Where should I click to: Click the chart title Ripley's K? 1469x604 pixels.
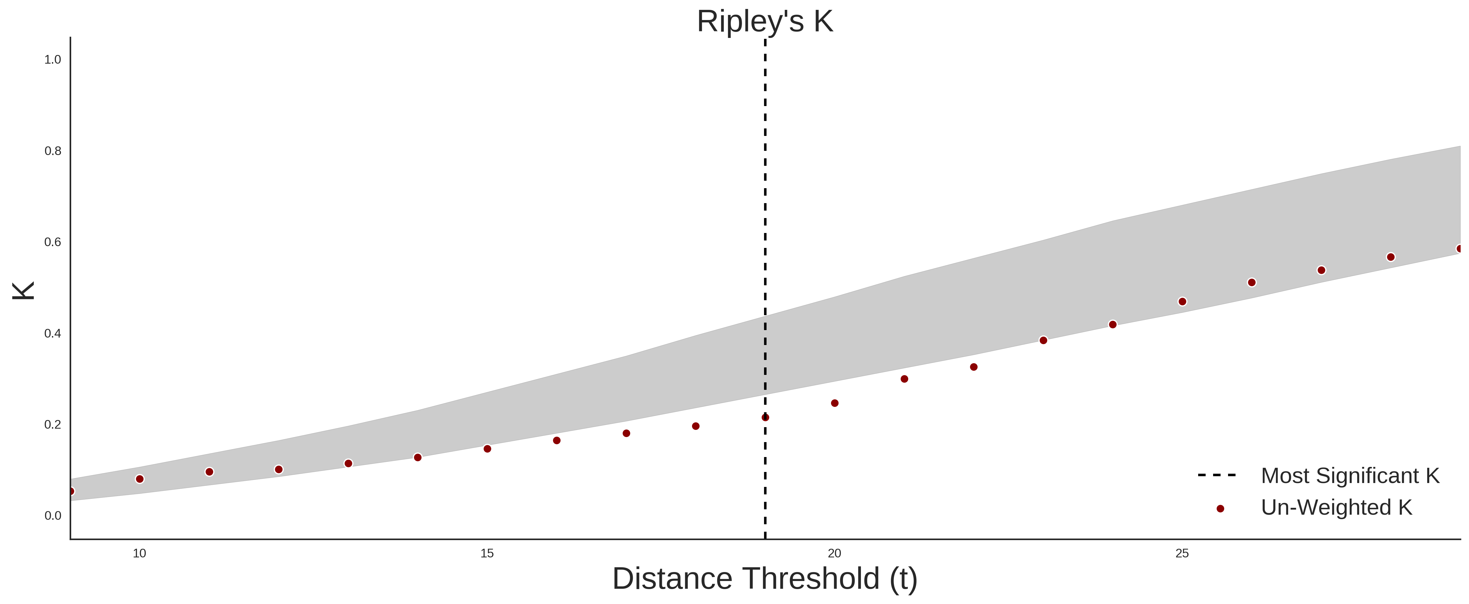coord(765,22)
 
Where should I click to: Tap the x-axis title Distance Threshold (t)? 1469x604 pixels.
coord(765,579)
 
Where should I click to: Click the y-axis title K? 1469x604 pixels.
coord(23,291)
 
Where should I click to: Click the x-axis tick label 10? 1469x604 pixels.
coord(139,553)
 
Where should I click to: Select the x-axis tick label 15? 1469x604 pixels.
coord(487,553)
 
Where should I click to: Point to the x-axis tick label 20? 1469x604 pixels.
coord(834,553)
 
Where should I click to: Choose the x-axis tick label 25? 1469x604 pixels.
coord(1182,553)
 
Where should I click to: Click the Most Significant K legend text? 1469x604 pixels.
coord(1350,476)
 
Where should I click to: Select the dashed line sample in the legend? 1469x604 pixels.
coord(1217,475)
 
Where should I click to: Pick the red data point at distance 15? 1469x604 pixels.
coord(487,448)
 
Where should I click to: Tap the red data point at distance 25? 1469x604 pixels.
coord(1182,301)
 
